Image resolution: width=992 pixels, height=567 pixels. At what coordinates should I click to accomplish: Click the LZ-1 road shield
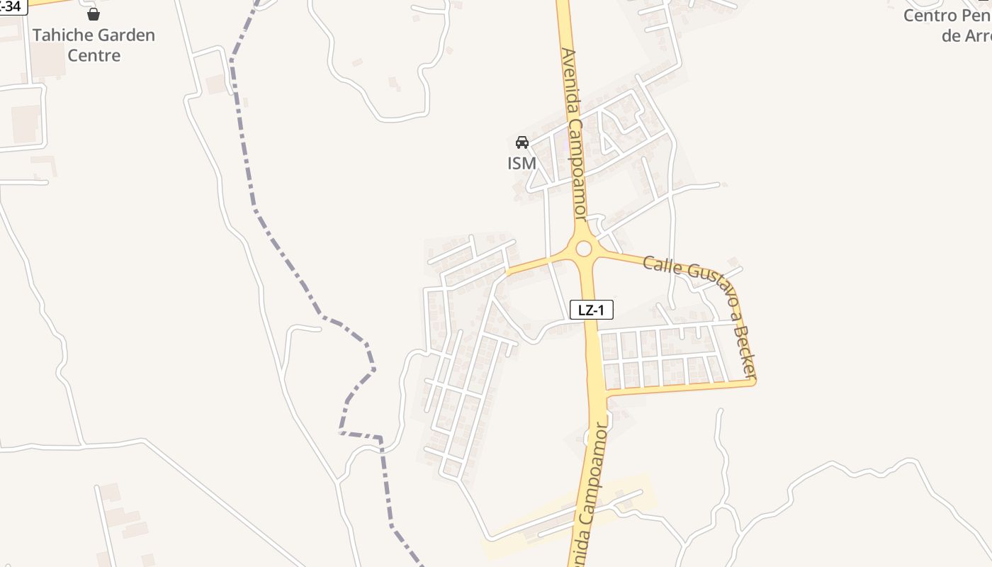[592, 309]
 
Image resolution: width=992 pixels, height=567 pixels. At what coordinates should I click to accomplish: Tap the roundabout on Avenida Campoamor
[583, 249]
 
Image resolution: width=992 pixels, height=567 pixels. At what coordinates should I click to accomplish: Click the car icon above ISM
[522, 142]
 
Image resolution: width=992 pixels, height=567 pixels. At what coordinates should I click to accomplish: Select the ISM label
[522, 163]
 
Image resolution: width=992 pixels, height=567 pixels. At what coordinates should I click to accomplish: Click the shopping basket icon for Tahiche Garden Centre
[94, 13]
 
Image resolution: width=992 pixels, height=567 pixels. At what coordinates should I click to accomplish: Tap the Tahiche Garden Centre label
[94, 45]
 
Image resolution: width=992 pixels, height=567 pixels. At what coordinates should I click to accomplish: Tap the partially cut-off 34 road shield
[13, 6]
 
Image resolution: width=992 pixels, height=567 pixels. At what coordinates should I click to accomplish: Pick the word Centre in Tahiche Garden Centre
[94, 55]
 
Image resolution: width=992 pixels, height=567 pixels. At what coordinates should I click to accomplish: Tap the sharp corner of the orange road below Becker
[754, 382]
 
